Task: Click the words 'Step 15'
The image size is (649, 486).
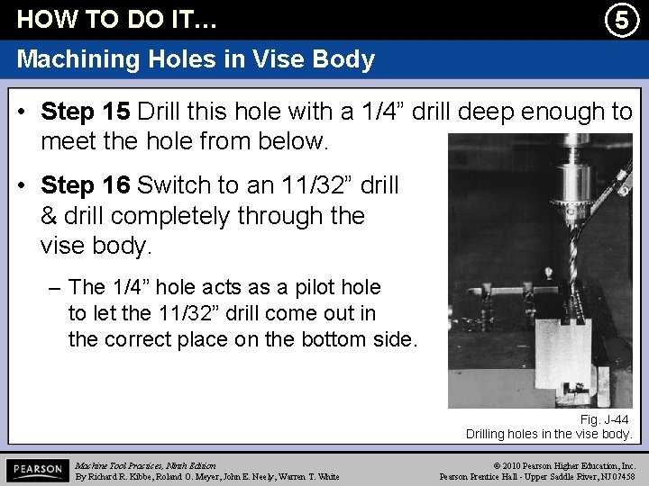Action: click(x=87, y=112)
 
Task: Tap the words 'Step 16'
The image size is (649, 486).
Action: click(x=87, y=185)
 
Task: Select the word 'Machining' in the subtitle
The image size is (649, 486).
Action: click(x=75, y=59)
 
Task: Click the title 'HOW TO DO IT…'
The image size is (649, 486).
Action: click(x=117, y=19)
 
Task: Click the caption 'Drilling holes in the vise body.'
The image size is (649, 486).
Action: click(x=549, y=434)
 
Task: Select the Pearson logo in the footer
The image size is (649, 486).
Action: click(x=36, y=470)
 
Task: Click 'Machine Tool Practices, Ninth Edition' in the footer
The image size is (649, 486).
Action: click(x=145, y=464)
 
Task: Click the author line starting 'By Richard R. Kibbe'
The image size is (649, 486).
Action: click(x=207, y=476)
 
